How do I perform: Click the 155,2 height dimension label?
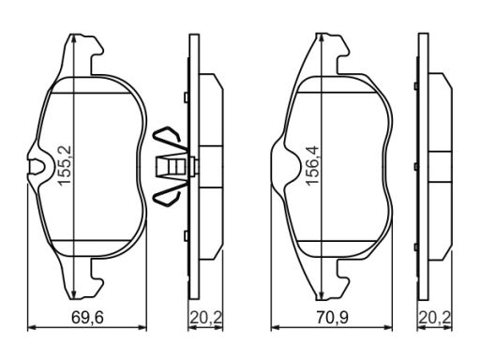(x=65, y=166)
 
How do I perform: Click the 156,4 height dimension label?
(x=311, y=166)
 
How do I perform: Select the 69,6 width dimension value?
(x=87, y=318)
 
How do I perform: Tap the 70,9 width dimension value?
(x=332, y=318)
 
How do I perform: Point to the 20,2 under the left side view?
(x=206, y=318)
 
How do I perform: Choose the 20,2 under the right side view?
(x=435, y=318)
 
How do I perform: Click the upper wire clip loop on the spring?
(x=167, y=138)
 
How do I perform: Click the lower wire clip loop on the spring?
(x=167, y=195)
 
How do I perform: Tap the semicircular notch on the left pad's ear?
(x=37, y=167)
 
